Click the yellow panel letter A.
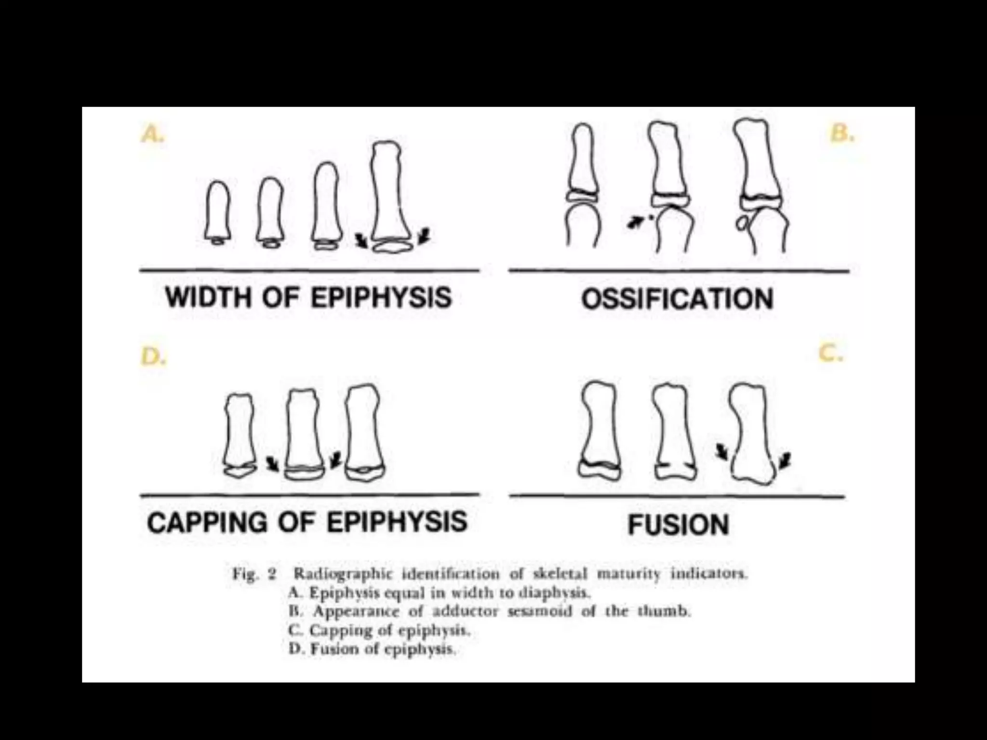[x=152, y=134]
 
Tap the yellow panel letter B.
[x=842, y=133]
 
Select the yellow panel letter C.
[x=831, y=354]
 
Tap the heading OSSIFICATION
[x=677, y=299]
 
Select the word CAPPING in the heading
[x=206, y=522]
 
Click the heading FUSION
[x=678, y=524]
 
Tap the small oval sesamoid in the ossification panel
[x=742, y=223]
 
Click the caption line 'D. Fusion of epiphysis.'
[x=372, y=649]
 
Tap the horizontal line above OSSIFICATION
[x=679, y=271]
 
